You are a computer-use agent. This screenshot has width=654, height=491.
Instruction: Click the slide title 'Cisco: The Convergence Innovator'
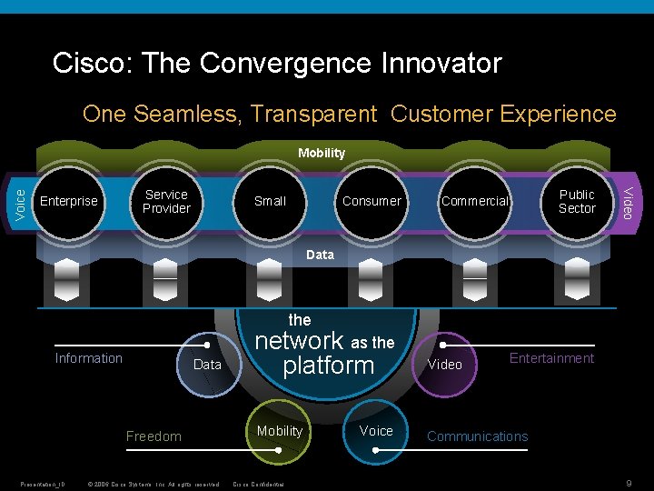click(x=277, y=63)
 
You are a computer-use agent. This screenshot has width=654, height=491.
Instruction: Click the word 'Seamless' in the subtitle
click(x=186, y=115)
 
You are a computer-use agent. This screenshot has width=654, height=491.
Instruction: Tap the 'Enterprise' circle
click(x=70, y=201)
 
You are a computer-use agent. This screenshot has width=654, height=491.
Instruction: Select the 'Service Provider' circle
click(x=166, y=201)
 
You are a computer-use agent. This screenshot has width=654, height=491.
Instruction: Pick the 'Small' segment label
click(x=270, y=201)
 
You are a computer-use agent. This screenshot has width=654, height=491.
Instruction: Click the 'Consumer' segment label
click(x=372, y=201)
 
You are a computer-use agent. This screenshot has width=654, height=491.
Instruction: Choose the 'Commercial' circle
click(x=474, y=201)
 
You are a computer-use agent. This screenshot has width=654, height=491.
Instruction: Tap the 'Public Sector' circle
click(x=577, y=201)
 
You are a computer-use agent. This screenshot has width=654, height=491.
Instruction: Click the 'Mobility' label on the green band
click(x=322, y=153)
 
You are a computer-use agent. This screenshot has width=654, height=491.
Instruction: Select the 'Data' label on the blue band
click(x=320, y=255)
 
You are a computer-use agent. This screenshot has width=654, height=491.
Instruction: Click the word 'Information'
click(x=89, y=358)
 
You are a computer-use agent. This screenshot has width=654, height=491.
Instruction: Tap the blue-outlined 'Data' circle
click(x=208, y=365)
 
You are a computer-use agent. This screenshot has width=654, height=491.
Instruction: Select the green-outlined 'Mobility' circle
click(x=280, y=431)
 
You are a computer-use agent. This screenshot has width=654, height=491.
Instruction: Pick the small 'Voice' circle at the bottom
click(x=376, y=431)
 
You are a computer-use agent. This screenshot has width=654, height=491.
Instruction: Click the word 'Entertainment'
click(x=551, y=358)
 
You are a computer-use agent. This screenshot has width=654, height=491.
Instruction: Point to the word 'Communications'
click(x=478, y=436)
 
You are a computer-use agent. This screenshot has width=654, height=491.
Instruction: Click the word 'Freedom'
click(x=154, y=436)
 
